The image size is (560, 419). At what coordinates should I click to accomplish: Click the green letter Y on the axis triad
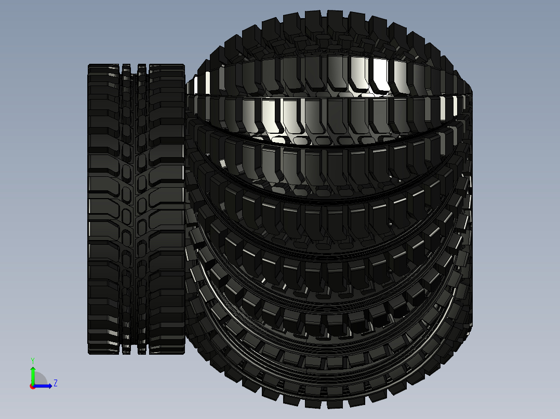(x=32, y=360)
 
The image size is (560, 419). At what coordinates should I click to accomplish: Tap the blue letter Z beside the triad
(x=55, y=383)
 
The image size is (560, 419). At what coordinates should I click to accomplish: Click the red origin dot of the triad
(x=32, y=386)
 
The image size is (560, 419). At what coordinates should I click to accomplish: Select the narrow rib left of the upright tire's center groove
(x=126, y=207)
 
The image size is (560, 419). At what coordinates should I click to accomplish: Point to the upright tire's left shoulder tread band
(x=104, y=207)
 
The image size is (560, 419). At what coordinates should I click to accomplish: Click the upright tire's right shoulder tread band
(x=166, y=207)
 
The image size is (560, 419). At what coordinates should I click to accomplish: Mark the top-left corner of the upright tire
(x=89, y=66)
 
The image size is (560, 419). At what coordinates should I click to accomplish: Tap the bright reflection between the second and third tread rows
(x=275, y=139)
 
